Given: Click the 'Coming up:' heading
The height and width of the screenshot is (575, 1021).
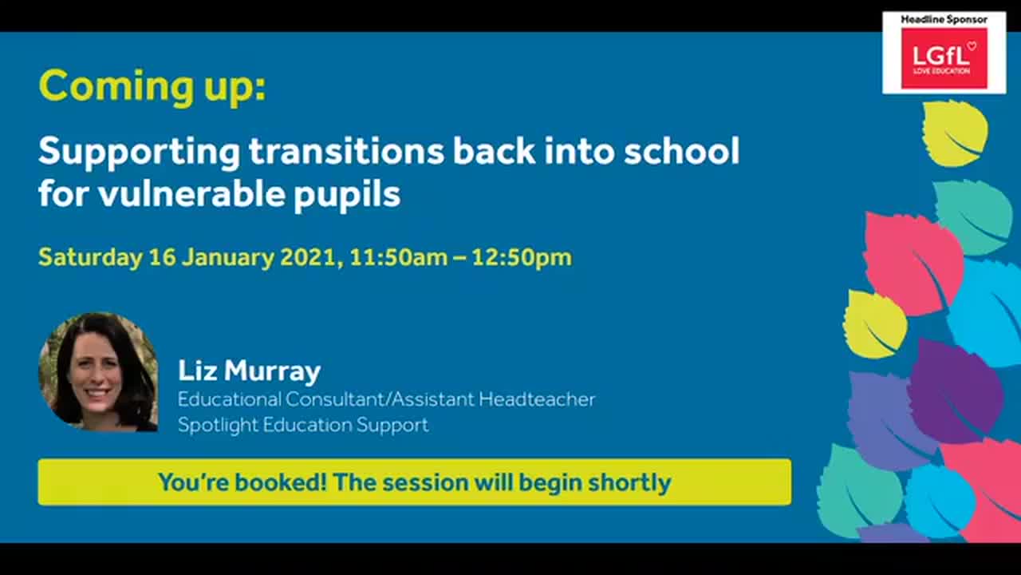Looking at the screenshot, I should pos(152,87).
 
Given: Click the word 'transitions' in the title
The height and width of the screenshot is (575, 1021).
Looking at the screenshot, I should pos(346,151).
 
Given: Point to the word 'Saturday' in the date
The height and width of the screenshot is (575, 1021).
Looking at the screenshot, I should pos(90,258).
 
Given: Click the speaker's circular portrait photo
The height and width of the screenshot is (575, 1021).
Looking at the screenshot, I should pos(98,372).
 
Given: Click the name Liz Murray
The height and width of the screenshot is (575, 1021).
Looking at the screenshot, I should pos(249,371).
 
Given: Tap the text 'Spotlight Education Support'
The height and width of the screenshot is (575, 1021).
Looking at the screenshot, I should pos(303,425).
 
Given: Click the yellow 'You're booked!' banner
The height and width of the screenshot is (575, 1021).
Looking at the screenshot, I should pos(414,482).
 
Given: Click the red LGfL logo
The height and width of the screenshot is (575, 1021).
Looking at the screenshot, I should pos(944,58).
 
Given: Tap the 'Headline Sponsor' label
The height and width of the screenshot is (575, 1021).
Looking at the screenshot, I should pos(944,19).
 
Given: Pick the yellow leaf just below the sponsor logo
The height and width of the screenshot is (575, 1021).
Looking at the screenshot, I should pos(955,133).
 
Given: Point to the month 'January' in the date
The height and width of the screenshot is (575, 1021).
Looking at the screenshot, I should pos(227,258).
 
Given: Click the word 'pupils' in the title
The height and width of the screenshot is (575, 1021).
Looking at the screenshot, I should pos(347,194).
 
